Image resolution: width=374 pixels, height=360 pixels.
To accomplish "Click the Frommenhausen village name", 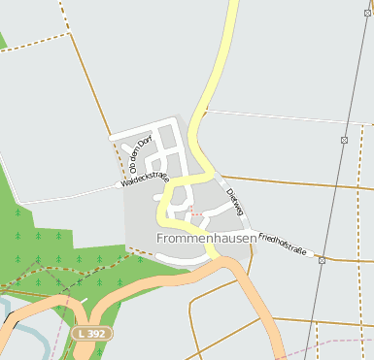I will [206, 237].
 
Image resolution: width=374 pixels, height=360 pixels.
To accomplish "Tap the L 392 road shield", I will [92, 333].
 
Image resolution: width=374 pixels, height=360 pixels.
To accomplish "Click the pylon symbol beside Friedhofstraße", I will [322, 260].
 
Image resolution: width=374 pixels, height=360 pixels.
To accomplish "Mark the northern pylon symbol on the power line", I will [344, 140].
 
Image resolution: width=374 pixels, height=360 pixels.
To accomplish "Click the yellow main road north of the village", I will [222, 58].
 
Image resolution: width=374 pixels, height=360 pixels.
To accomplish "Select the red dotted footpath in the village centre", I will [194, 210].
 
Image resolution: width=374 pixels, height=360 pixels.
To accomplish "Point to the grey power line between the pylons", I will [333, 199].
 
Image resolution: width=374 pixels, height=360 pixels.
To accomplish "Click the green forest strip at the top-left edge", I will [2, 41].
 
